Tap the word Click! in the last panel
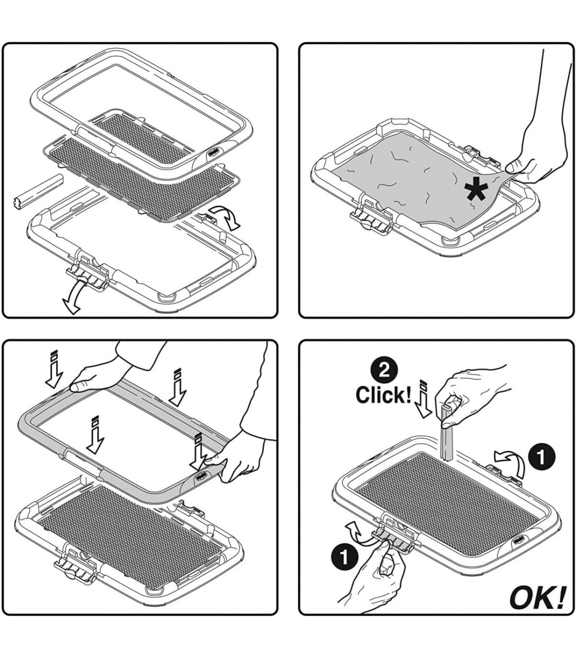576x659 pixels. coord(383,394)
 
